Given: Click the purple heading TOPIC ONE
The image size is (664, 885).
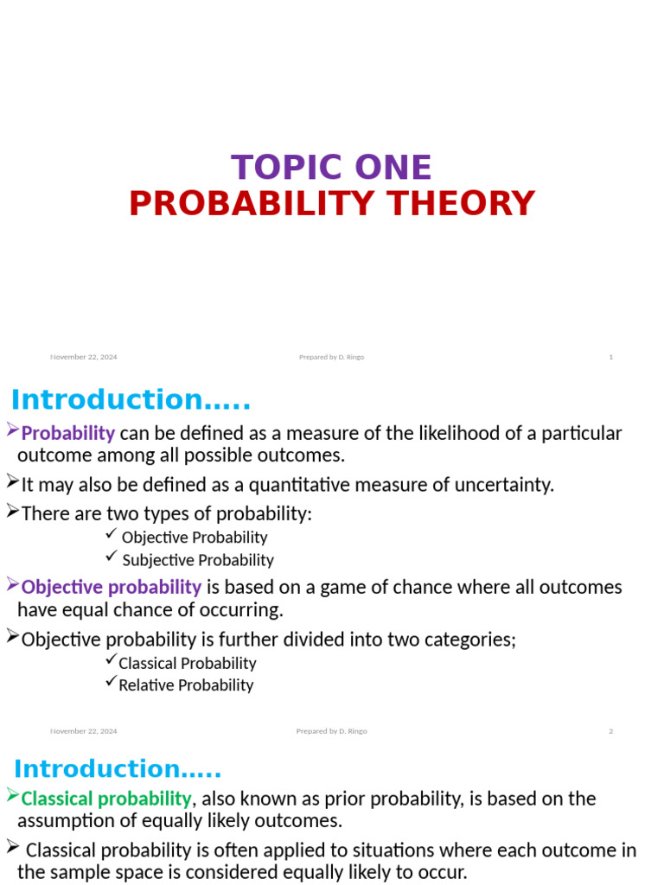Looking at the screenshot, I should click(331, 168).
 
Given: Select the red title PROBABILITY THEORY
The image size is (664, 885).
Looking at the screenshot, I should click(332, 204).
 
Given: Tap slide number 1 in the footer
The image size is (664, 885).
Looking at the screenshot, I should click(610, 357).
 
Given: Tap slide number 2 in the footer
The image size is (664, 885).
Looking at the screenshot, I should click(610, 731).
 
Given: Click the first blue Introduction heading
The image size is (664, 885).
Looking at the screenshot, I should click(131, 400).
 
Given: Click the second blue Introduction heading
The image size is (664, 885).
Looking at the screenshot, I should click(118, 769).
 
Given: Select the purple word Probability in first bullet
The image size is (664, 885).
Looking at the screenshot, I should click(67, 433).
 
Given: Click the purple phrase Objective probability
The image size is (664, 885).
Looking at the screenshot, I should click(111, 587).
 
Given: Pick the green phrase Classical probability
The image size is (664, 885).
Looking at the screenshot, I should click(105, 798).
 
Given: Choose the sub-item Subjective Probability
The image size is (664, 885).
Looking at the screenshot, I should click(198, 560).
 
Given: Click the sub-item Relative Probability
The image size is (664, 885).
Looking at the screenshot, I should click(186, 685).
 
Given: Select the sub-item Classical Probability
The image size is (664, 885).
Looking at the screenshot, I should click(188, 664).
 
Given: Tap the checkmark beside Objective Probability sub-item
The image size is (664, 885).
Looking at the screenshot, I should click(110, 536).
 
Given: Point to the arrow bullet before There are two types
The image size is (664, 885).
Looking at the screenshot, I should click(12, 512).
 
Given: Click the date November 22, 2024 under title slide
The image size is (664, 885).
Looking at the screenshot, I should click(84, 357).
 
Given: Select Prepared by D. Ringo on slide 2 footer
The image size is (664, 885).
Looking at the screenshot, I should click(331, 731).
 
